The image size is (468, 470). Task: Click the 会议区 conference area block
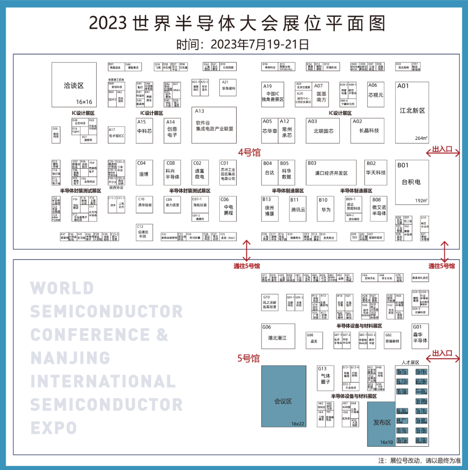[283, 396]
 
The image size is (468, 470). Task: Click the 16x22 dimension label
[298, 424]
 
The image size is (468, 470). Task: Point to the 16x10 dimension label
[387, 442]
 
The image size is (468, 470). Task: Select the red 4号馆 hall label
[249, 153]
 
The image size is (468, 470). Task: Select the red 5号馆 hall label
[248, 358]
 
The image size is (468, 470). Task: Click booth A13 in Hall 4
[214, 125]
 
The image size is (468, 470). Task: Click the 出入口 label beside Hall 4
[442, 149]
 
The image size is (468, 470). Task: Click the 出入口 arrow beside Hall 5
[442, 359]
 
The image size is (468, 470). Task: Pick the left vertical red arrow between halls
[247, 250]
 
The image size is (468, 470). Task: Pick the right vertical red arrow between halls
[444, 251]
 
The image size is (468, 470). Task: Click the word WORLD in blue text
[62, 288]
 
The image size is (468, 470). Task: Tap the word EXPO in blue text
[54, 428]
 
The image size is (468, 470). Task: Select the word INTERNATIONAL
[103, 382]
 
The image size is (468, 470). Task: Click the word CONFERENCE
[90, 335]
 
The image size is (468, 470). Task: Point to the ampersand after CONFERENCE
[162, 335]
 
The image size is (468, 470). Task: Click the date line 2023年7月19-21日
[243, 45]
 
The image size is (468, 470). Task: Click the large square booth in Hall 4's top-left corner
[74, 85]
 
